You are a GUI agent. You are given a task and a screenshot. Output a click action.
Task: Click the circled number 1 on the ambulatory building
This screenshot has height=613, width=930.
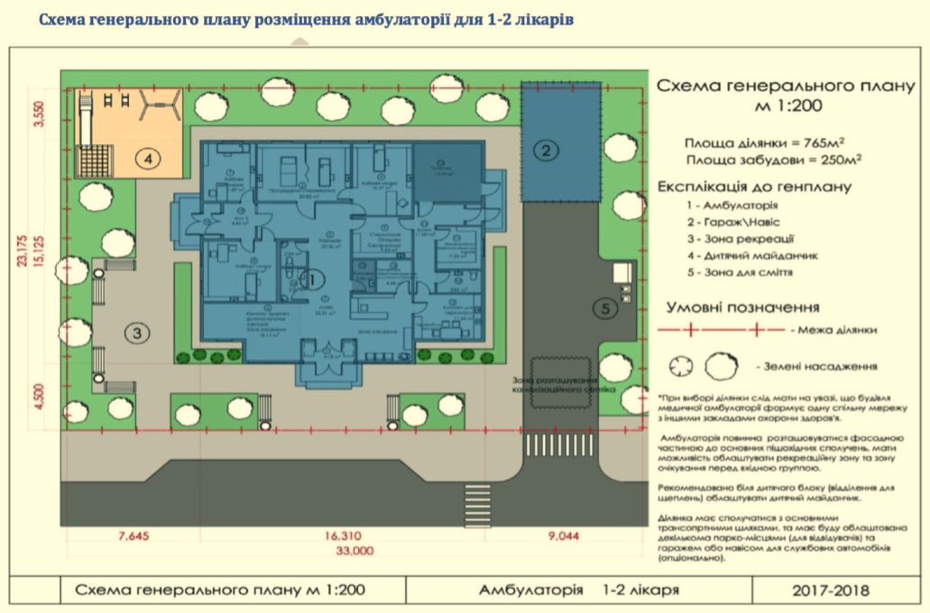pyautogui.click(x=314, y=279)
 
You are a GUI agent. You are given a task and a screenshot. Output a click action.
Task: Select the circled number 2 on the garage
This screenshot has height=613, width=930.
pyautogui.click(x=546, y=151)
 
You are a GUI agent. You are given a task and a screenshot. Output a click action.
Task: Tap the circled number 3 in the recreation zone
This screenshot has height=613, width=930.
pyautogui.click(x=136, y=334)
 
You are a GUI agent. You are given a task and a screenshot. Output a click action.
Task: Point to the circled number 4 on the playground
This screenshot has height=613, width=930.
pyautogui.click(x=148, y=159)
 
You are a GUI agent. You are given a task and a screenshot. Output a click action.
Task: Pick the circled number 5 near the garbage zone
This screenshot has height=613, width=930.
pyautogui.click(x=603, y=308)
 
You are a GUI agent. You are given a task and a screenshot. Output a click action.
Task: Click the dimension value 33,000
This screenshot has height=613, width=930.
pyautogui.click(x=355, y=549)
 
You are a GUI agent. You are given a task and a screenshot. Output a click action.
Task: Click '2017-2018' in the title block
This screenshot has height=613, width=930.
pyautogui.click(x=831, y=591)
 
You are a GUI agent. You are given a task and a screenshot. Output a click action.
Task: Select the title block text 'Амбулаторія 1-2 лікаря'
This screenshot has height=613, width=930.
pyautogui.click(x=578, y=591)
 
